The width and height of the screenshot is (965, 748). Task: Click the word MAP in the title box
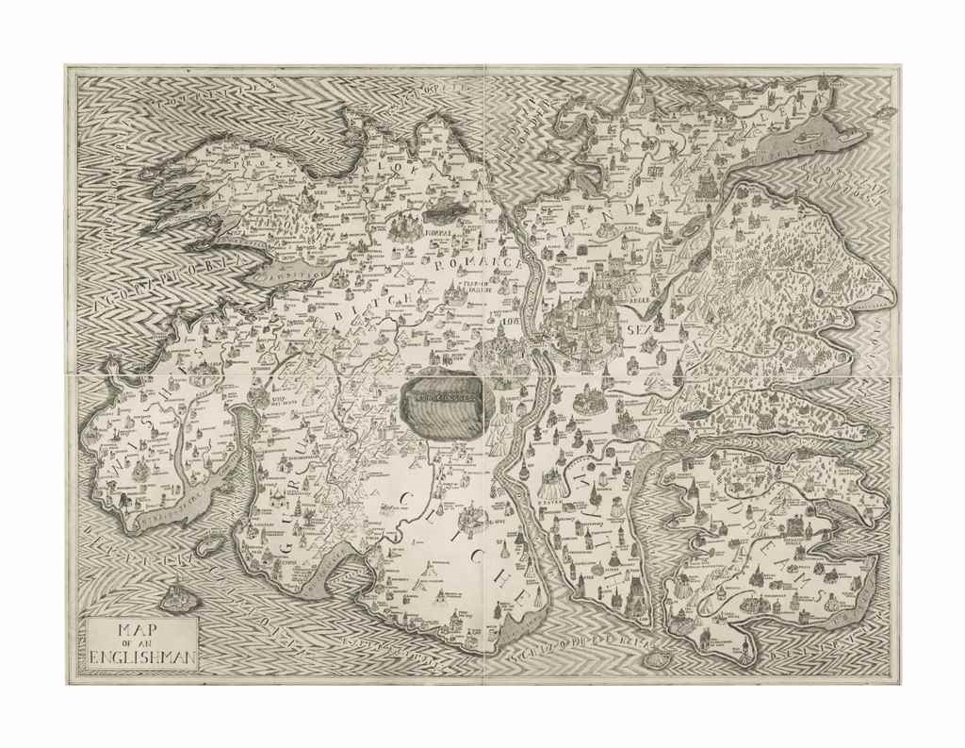click(137, 629)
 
